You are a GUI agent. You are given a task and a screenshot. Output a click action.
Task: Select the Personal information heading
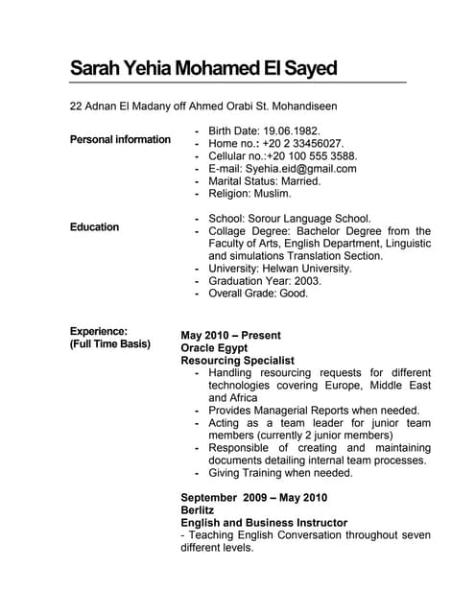(x=120, y=140)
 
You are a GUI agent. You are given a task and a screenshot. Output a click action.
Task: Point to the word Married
(x=300, y=180)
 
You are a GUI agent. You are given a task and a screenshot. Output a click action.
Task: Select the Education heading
(x=94, y=227)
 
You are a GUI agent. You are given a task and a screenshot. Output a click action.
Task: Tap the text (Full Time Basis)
(x=109, y=343)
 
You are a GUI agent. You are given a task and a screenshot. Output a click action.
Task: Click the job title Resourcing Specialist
(x=237, y=361)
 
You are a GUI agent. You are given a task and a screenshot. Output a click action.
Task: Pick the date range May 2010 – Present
(x=230, y=336)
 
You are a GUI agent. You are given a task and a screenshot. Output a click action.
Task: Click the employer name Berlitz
(x=198, y=510)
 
